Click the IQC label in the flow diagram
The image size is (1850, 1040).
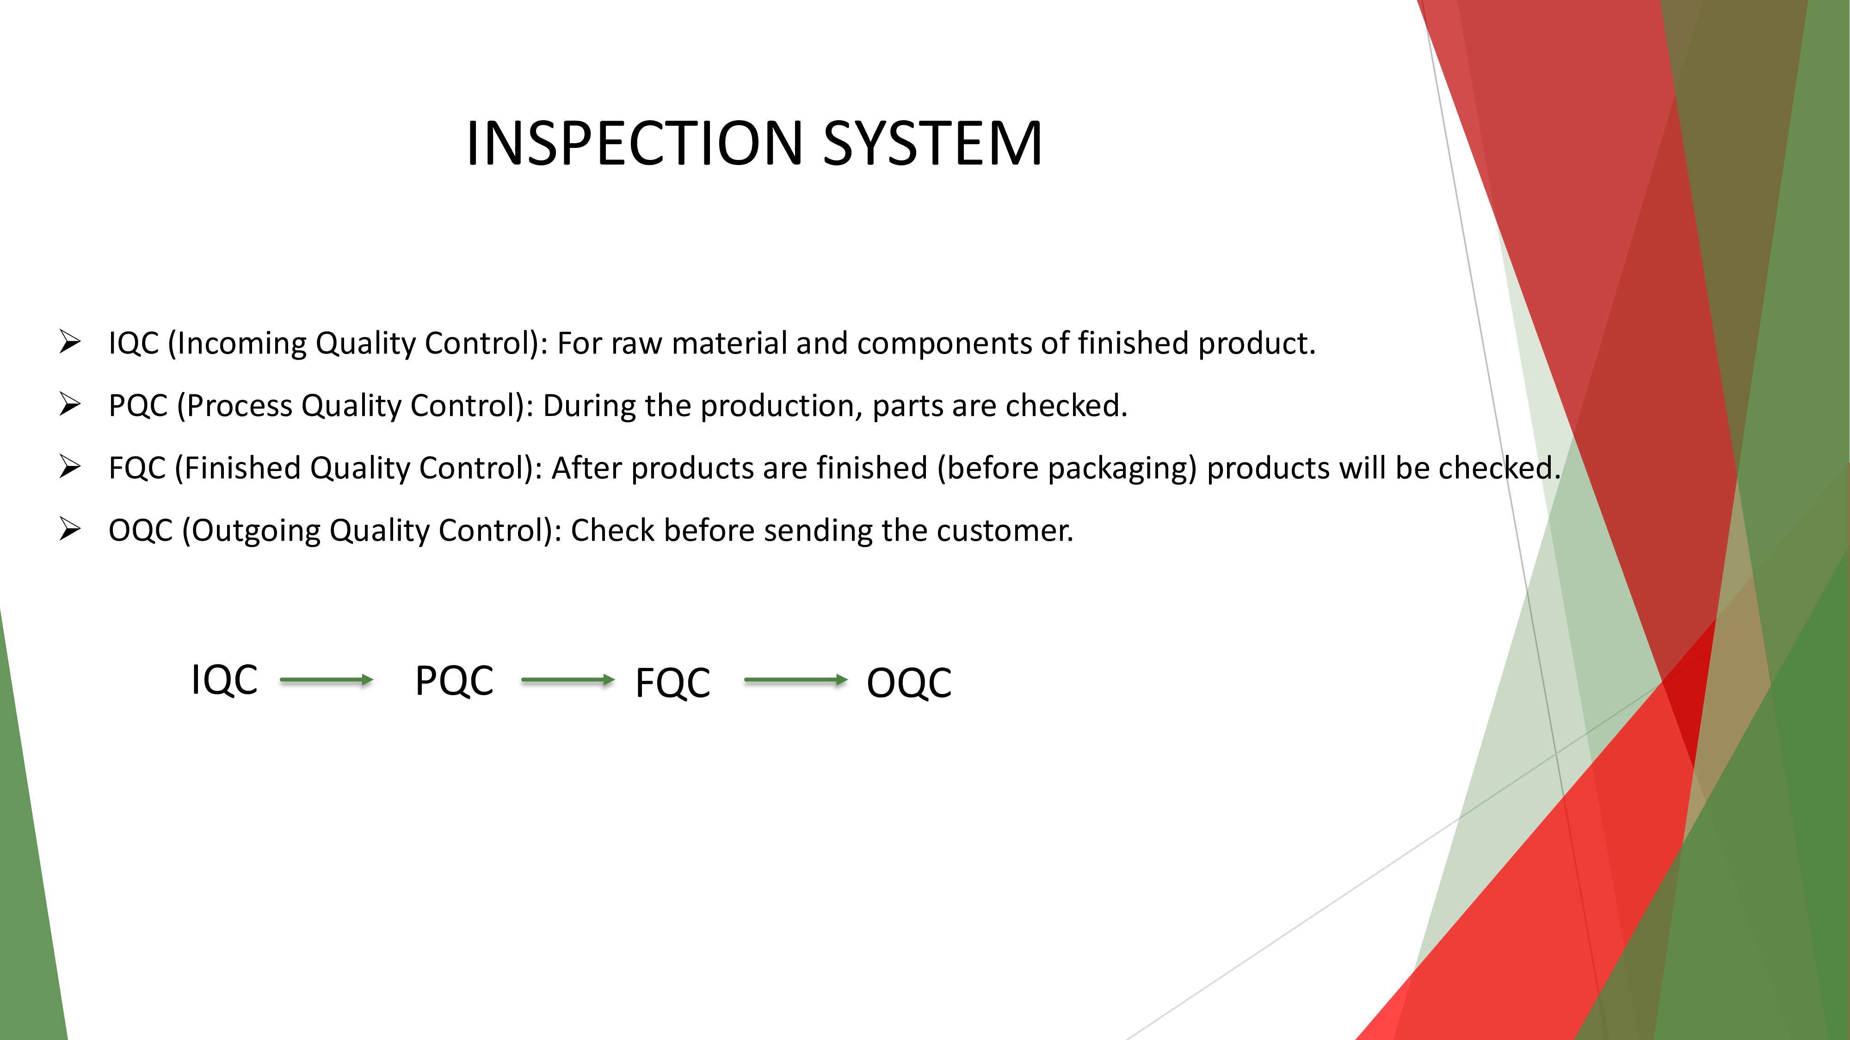coord(224,679)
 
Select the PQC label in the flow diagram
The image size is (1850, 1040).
coord(454,680)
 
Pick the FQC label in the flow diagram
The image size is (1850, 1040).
coord(672,683)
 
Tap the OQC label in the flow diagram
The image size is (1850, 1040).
coord(908,683)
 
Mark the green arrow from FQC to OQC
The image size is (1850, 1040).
coord(795,679)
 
